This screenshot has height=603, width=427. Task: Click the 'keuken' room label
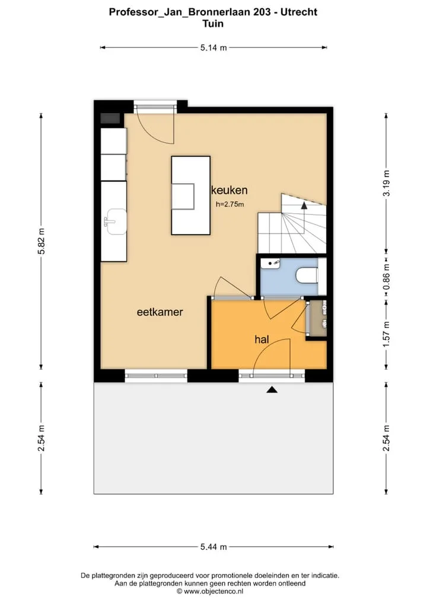[230, 190]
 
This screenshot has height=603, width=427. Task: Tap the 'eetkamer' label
[160, 312]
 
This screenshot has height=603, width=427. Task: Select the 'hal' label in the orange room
[262, 339]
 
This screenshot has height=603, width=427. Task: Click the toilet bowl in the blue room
[307, 275]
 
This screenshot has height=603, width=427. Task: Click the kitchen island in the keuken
[190, 195]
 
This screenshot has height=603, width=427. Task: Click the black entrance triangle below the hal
[272, 390]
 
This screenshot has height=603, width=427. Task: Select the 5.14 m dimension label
[213, 48]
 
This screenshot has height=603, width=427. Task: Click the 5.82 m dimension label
[41, 241]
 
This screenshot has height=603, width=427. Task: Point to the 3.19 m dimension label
[386, 184]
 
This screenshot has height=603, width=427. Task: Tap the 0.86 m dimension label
[386, 277]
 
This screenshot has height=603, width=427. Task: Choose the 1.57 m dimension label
[386, 334]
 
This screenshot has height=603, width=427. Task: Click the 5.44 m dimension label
[213, 547]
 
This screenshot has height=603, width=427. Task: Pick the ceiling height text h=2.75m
[230, 204]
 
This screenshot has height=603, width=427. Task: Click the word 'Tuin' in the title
[213, 24]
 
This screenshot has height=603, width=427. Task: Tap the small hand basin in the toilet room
[270, 264]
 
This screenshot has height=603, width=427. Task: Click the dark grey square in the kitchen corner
[110, 119]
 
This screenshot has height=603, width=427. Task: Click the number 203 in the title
[262, 12]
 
